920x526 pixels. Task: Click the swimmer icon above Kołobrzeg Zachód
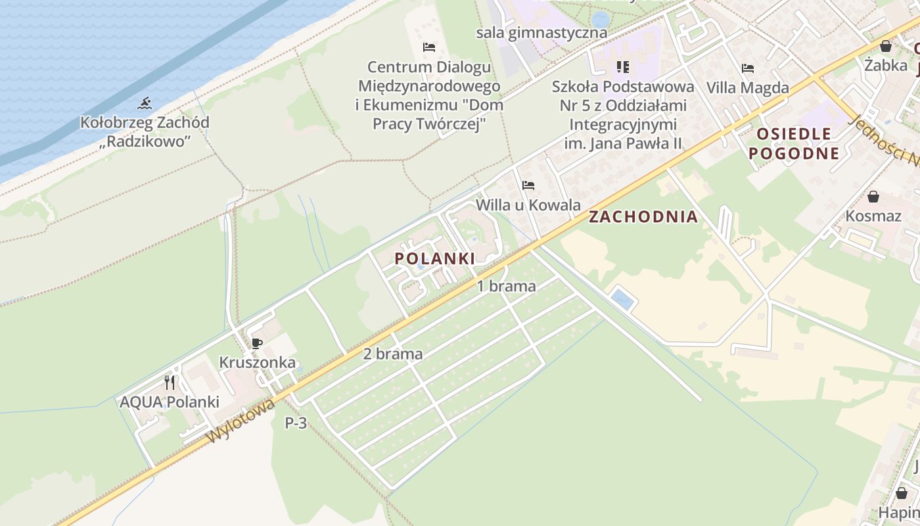[x=145, y=103]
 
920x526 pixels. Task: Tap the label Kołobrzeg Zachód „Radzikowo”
[x=145, y=131]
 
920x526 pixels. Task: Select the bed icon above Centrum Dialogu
[x=429, y=47]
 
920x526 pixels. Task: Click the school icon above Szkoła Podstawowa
[x=622, y=67]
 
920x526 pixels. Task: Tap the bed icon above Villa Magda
[x=747, y=68]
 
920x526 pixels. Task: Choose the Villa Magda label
[x=747, y=87]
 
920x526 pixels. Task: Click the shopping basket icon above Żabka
[x=886, y=46]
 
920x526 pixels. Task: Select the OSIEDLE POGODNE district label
[x=794, y=144]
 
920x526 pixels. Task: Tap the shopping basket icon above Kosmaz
[x=873, y=197]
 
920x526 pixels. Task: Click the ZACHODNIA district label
[x=643, y=217]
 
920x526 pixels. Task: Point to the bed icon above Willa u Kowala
[x=528, y=185]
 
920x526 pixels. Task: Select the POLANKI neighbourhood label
[x=434, y=259]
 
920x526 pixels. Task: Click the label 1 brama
[x=506, y=286]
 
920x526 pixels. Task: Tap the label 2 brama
[x=392, y=354]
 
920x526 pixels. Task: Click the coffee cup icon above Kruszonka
[x=257, y=343]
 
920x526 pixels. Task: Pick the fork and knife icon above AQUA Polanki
[x=170, y=383]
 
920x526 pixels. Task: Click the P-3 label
[x=296, y=423]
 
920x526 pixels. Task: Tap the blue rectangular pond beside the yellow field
[x=622, y=299]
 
